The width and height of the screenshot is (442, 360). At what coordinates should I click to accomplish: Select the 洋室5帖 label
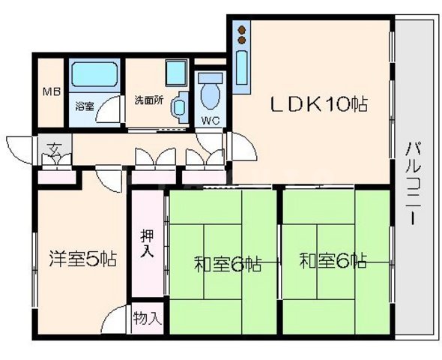(x=83, y=259)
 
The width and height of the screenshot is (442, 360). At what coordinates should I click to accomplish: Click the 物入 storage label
(x=148, y=317)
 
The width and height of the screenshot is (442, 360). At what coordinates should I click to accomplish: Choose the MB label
(x=51, y=92)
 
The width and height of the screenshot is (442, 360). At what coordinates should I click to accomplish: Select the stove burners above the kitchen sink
(x=242, y=35)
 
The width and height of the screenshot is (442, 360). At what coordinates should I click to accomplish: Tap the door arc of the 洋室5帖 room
(x=115, y=318)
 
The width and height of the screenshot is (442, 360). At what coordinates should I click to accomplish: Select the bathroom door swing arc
(x=111, y=112)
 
